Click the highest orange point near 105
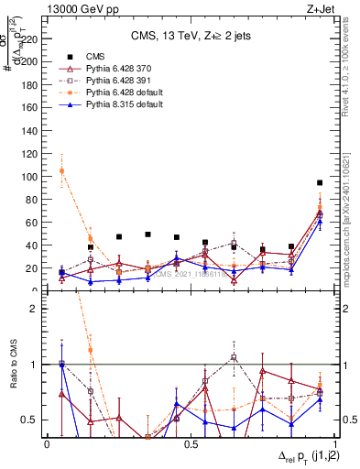pos(61,171)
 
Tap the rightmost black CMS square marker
pos(320,183)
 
